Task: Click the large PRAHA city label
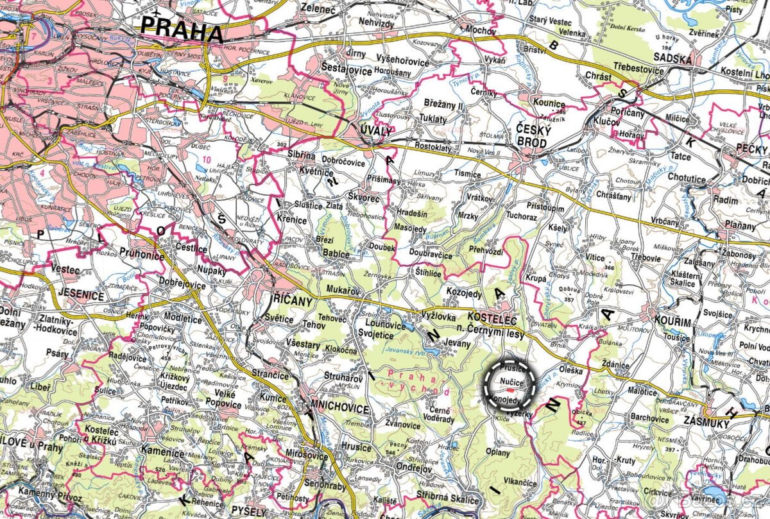pos(182,30)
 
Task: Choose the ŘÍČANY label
pos(289,301)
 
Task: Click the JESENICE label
pos(81,296)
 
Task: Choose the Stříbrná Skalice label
pos(448,500)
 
